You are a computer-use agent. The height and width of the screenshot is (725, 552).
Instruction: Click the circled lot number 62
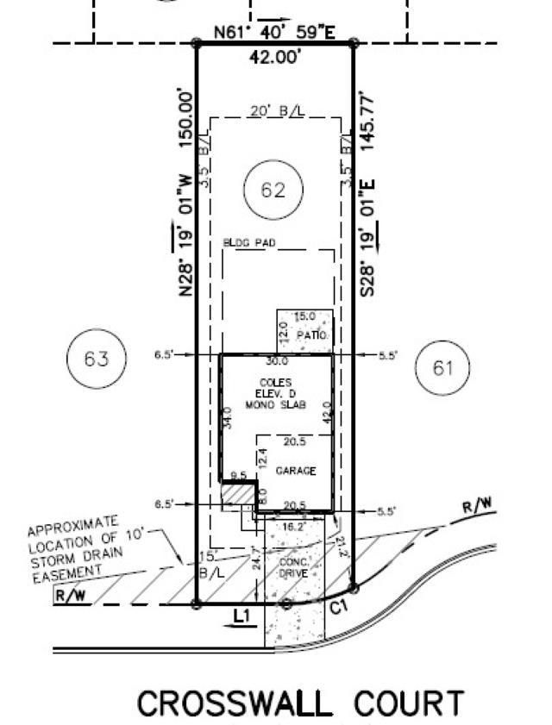point(273,191)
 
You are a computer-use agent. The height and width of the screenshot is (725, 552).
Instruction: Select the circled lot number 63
point(97,358)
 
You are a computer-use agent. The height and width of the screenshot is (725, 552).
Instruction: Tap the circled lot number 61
point(442,368)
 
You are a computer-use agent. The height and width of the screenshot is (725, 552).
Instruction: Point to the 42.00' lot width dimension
point(273,59)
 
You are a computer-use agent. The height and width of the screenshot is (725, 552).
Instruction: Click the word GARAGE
point(296,471)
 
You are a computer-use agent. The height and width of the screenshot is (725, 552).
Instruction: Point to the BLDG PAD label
point(248,244)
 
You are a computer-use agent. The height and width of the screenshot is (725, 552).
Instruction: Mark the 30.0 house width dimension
point(276,362)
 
